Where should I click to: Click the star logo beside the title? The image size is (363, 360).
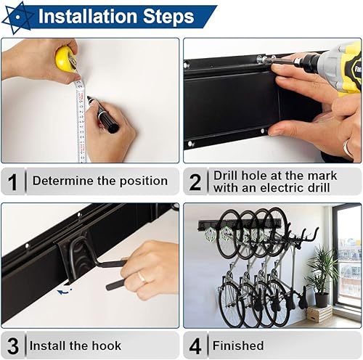tap(17, 17)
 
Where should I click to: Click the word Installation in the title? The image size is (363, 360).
tap(88, 17)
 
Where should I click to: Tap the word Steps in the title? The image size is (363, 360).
tap(168, 17)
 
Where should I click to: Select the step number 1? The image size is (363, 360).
tap(12, 182)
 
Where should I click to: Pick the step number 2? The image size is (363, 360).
tap(195, 182)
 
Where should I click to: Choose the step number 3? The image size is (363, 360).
tap(13, 346)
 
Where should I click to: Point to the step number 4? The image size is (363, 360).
tap(195, 346)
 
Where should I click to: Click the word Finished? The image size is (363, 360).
tap(238, 345)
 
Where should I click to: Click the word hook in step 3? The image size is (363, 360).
tap(107, 345)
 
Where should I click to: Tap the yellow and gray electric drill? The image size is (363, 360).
tap(334, 67)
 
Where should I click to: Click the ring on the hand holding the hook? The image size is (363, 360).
tap(142, 277)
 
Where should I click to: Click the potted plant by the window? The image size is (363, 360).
tap(322, 276)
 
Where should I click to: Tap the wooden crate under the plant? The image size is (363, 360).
tap(319, 314)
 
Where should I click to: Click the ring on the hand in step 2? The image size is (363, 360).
tap(347, 147)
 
